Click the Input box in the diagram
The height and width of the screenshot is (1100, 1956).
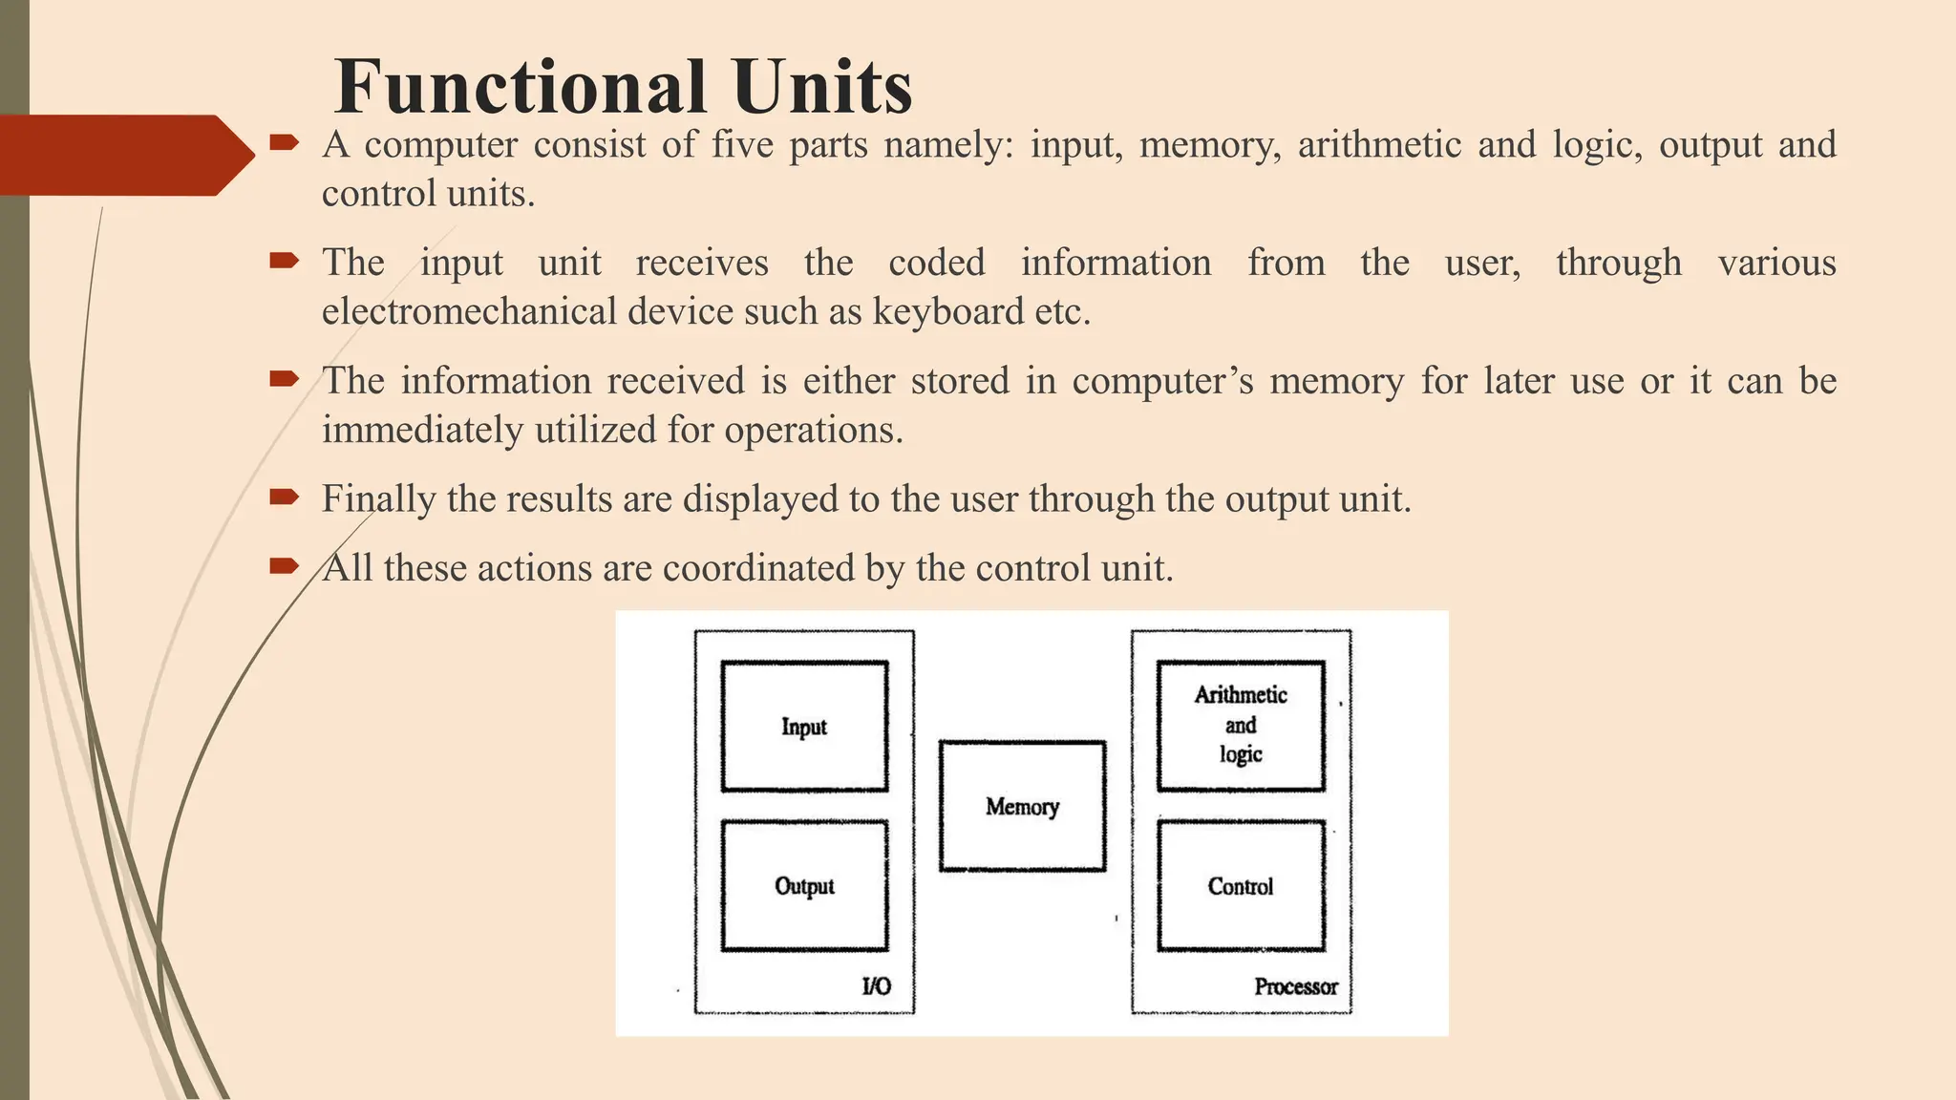click(804, 727)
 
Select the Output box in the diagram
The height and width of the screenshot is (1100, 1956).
click(804, 886)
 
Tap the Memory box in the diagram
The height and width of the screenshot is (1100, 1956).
click(1022, 807)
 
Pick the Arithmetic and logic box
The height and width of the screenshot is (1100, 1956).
click(1241, 726)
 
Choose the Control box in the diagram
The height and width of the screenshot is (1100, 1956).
click(1241, 886)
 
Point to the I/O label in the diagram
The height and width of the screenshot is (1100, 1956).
click(876, 986)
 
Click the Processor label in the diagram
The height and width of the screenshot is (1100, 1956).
click(1295, 986)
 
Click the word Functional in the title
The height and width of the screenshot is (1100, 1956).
click(521, 87)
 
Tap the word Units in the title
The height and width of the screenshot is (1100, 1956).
click(823, 87)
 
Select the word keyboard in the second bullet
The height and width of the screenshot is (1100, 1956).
click(947, 311)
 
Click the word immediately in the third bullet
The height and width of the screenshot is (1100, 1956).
click(422, 430)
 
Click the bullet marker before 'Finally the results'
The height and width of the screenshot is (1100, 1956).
click(285, 497)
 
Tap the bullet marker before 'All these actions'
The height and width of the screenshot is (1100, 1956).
click(285, 566)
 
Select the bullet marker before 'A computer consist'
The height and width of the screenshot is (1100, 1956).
click(285, 143)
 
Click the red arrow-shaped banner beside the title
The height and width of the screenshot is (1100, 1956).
click(124, 155)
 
